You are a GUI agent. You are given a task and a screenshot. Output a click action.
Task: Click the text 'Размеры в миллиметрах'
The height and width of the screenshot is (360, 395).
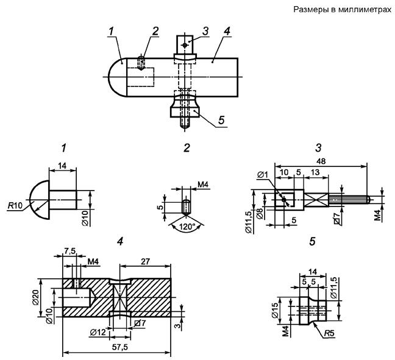[343, 10]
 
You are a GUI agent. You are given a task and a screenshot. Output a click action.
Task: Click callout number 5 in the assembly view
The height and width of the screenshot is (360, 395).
[221, 120]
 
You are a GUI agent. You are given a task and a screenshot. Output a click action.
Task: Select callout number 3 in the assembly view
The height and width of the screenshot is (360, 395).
[205, 31]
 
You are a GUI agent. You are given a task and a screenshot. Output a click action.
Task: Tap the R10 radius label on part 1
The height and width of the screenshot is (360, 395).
[15, 205]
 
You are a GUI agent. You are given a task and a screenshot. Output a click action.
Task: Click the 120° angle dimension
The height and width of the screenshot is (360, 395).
[187, 227]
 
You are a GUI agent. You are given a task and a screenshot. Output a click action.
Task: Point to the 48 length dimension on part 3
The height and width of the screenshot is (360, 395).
[321, 161]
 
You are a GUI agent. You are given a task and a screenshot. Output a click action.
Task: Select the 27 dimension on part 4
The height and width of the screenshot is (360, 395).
[145, 261]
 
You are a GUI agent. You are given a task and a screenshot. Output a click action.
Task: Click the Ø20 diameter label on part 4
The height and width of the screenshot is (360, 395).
[35, 297]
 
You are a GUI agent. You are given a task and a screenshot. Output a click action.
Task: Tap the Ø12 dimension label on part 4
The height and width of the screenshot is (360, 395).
[98, 333]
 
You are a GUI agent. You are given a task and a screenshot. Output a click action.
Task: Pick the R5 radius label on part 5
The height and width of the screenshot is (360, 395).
[329, 333]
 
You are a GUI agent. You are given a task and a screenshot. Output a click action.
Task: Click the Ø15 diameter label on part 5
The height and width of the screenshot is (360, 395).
[275, 310]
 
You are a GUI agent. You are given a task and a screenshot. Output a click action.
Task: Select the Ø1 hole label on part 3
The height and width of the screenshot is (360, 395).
[263, 174]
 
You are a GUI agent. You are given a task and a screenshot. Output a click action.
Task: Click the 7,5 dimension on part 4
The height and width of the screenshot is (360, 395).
[70, 251]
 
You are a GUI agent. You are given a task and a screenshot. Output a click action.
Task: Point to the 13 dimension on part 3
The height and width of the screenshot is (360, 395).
[315, 172]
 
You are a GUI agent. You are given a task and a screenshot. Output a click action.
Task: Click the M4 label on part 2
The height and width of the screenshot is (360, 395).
[203, 185]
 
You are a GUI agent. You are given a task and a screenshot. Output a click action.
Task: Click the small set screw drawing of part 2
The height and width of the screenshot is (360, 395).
[186, 206]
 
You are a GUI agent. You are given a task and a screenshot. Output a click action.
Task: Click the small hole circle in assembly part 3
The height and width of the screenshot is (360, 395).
[185, 45]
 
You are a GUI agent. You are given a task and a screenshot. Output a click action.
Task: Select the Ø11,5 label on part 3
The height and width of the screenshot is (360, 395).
[249, 223]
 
